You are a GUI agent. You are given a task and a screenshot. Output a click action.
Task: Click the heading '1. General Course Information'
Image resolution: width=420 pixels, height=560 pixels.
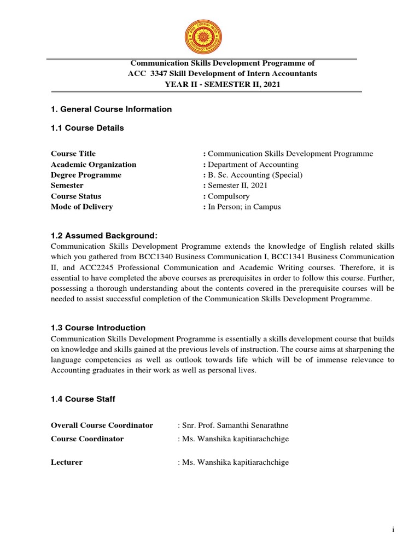pyautogui.click(x=111, y=109)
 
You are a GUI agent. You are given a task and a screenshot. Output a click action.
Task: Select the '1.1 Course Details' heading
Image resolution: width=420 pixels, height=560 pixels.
pyautogui.click(x=87, y=128)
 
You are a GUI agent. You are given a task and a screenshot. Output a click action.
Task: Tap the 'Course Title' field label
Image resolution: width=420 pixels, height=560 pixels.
pyautogui.click(x=73, y=154)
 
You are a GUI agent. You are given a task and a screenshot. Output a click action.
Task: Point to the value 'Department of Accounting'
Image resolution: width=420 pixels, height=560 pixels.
pyautogui.click(x=253, y=165)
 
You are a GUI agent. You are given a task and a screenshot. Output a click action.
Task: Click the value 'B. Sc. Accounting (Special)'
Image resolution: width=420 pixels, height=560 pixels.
pyautogui.click(x=255, y=175)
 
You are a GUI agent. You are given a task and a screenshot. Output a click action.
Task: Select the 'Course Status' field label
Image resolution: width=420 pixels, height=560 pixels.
pyautogui.click(x=76, y=196)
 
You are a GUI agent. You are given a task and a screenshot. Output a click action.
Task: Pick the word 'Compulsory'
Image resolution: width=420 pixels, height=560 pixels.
pyautogui.click(x=229, y=196)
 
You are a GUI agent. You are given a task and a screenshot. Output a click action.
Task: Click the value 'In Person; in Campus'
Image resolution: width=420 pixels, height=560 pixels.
pyautogui.click(x=244, y=207)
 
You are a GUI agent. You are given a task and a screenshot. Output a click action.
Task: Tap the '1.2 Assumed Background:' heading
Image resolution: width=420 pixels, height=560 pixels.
pyautogui.click(x=104, y=236)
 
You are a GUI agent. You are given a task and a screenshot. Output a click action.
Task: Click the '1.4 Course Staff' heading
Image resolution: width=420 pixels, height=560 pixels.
pyautogui.click(x=83, y=399)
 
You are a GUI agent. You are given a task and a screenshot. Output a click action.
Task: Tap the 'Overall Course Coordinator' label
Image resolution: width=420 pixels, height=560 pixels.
pyautogui.click(x=102, y=425)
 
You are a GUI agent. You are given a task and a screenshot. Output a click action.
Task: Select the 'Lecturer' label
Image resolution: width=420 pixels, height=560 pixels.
pyautogui.click(x=67, y=463)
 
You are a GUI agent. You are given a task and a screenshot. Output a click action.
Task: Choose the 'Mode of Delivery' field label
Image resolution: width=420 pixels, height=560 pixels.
pyautogui.click(x=82, y=207)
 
